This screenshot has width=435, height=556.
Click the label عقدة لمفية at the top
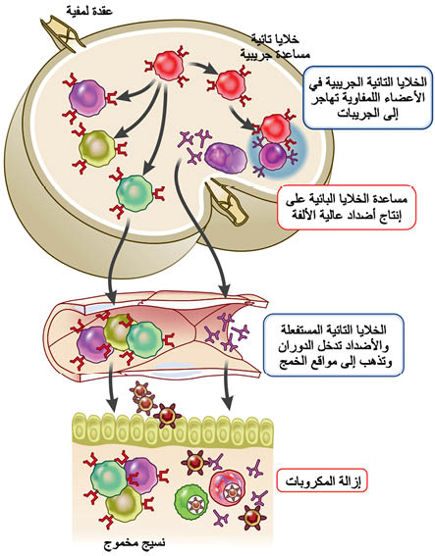tap(89, 11)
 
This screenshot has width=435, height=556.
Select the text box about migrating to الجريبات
tap(368, 97)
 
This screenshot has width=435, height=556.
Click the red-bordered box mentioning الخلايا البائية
tap(347, 208)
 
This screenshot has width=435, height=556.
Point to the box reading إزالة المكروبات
tap(322, 480)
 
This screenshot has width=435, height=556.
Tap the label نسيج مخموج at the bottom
tap(135, 543)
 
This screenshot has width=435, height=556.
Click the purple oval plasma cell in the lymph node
tap(226, 158)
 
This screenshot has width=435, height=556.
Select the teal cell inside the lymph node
tap(136, 193)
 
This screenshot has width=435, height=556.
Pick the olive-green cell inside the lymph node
tap(97, 149)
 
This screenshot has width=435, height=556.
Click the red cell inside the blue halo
tap(276, 128)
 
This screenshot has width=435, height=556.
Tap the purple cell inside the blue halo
tap(273, 156)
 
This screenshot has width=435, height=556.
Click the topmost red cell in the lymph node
tap(168, 66)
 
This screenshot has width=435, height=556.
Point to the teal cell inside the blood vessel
tap(144, 339)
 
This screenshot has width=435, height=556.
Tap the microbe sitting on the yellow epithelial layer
tap(167, 415)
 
